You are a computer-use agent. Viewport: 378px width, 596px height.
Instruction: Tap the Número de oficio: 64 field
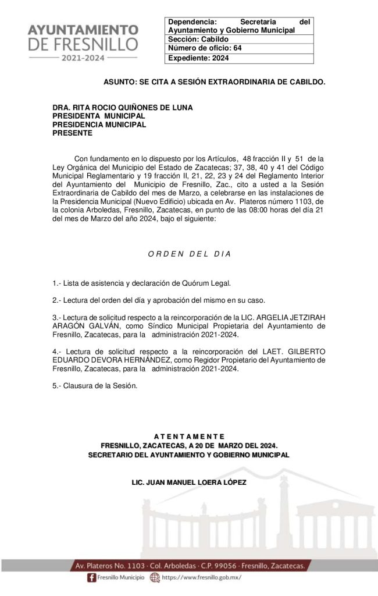[205, 48]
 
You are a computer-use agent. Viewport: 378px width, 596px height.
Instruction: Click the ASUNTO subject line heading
[214, 83]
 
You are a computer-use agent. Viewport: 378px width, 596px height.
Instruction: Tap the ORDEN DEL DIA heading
[190, 254]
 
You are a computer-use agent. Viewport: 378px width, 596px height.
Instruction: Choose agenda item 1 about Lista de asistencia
[141, 283]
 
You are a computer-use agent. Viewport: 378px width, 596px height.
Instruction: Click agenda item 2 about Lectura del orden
[158, 300]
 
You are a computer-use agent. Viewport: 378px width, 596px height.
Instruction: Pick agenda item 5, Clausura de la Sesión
[95, 386]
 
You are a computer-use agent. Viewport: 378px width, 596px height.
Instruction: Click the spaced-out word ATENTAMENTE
[188, 437]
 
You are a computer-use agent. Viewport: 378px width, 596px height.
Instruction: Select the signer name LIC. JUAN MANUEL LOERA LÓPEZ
[189, 483]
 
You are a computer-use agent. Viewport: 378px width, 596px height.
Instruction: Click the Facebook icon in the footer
[91, 577]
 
